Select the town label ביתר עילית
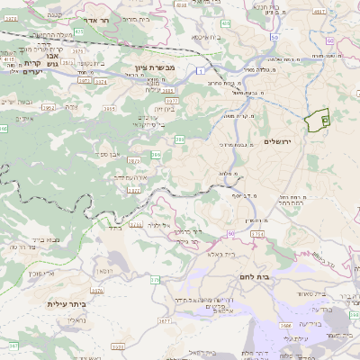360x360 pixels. pyautogui.click(x=66, y=304)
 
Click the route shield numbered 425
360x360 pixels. pyautogui.click(x=78, y=31)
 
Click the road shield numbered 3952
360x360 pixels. pyautogui.click(x=74, y=107)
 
